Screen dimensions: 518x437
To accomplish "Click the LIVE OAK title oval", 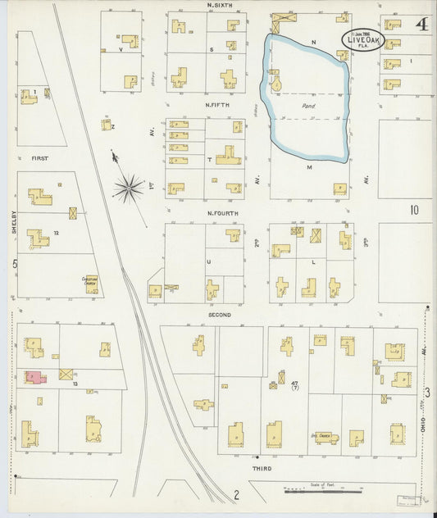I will pyautogui.click(x=360, y=41).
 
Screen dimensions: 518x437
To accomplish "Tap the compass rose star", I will pyautogui.click(x=128, y=189).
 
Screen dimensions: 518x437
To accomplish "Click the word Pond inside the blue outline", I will pyautogui.click(x=309, y=106).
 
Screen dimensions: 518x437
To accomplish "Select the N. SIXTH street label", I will pyautogui.click(x=219, y=5).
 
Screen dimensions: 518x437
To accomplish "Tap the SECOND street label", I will pyautogui.click(x=219, y=314).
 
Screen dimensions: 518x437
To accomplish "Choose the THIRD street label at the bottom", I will pyautogui.click(x=262, y=468).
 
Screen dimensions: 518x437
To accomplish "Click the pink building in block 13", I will pyautogui.click(x=35, y=376).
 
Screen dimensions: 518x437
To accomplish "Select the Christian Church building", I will pyautogui.click(x=91, y=282).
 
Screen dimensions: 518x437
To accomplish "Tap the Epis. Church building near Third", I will pyautogui.click(x=327, y=437).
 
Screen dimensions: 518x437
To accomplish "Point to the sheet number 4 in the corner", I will pyautogui.click(x=421, y=24).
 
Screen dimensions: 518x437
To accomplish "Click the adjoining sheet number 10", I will pyautogui.click(x=414, y=210).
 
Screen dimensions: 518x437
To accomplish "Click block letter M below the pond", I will pyautogui.click(x=311, y=167).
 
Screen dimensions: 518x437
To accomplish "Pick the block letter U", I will pyautogui.click(x=208, y=262).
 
